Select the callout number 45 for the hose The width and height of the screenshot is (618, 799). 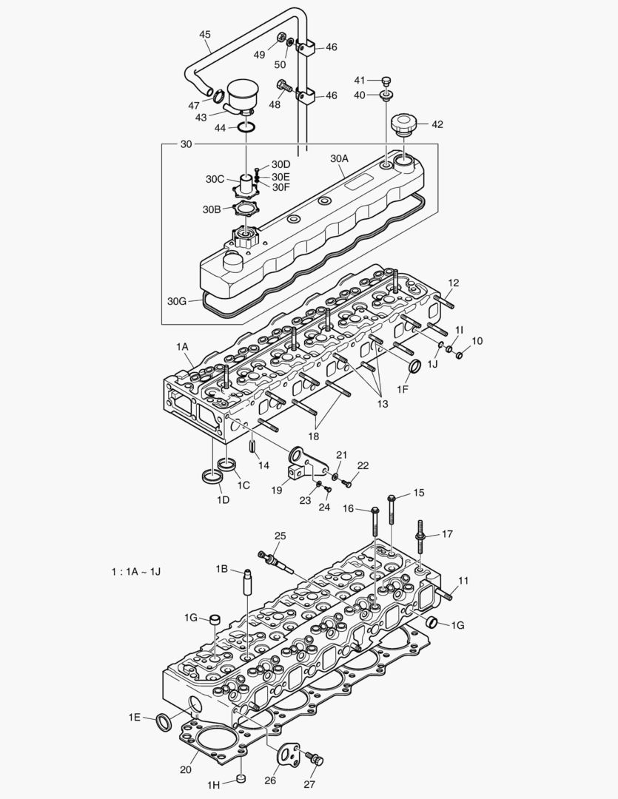205,34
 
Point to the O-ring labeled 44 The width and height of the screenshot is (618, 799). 248,128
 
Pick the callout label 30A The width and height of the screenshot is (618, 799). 339,158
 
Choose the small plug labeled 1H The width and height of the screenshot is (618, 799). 241,778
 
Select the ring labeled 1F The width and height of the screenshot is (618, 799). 414,367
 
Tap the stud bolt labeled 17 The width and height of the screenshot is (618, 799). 420,535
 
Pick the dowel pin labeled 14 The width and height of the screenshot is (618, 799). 252,446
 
